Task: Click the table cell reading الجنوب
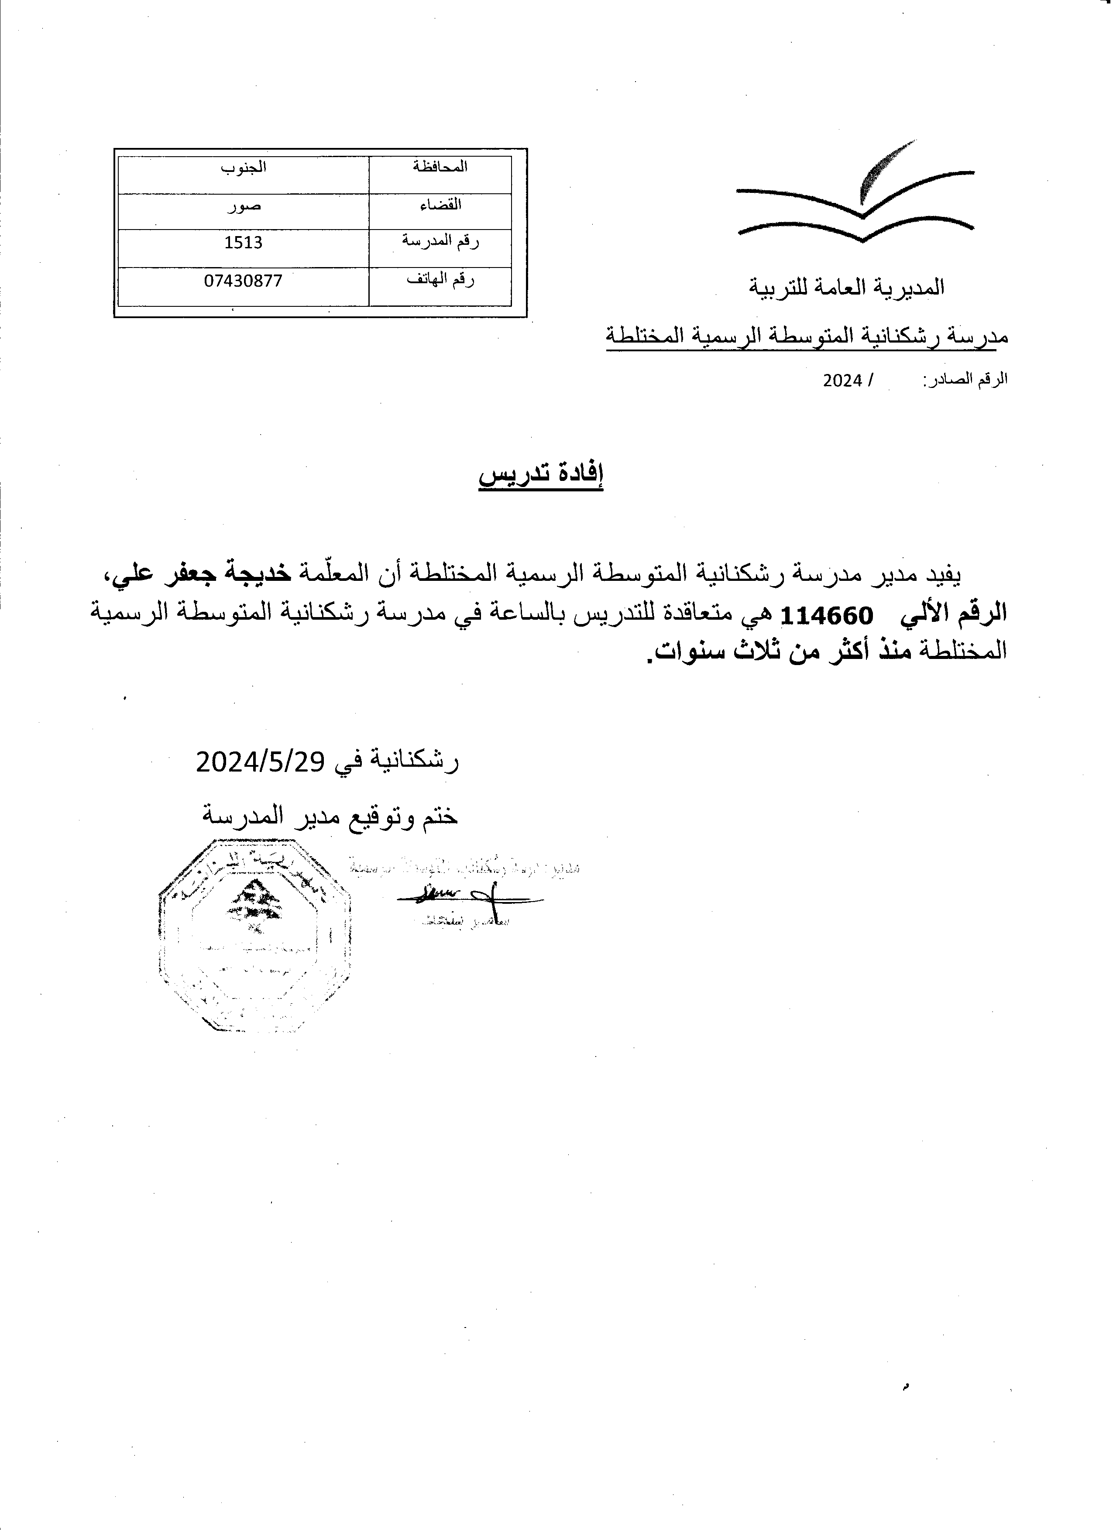(244, 167)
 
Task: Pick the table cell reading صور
(244, 206)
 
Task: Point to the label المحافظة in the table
(440, 167)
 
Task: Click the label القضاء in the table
(440, 204)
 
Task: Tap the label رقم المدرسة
(440, 241)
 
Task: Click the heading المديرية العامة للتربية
(847, 288)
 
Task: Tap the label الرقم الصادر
(965, 379)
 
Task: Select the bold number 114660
(826, 615)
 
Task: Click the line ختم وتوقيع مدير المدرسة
(330, 816)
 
